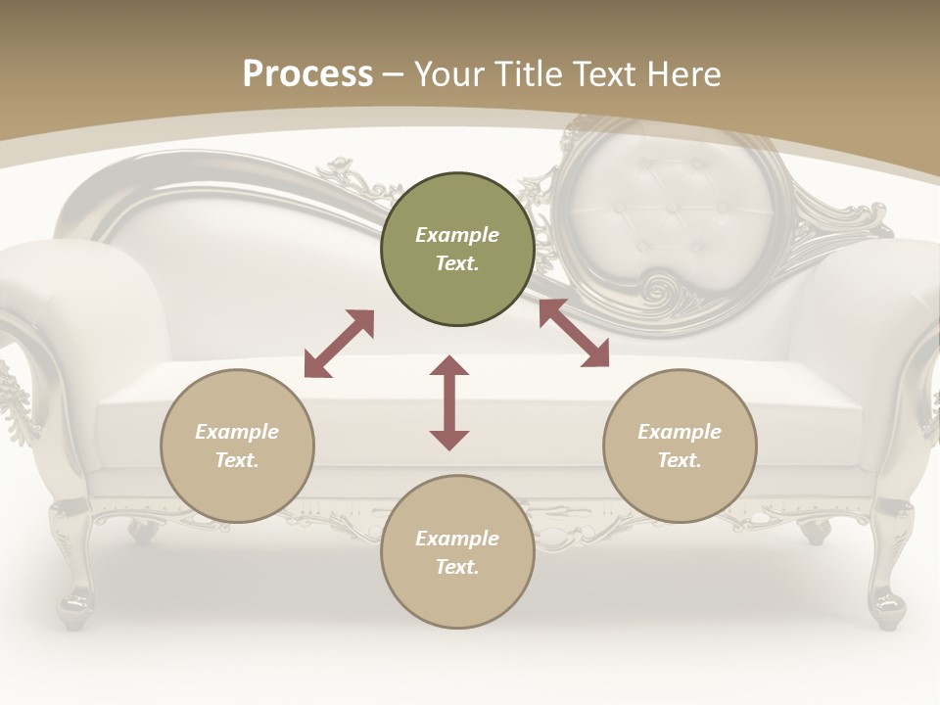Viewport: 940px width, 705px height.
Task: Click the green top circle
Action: (457, 250)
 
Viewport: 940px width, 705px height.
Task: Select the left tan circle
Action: (237, 446)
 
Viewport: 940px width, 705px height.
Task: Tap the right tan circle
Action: (680, 446)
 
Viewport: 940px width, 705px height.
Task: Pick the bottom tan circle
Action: (457, 552)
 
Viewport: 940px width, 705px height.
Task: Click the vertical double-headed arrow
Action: (449, 402)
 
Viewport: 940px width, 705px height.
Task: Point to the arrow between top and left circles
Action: (339, 344)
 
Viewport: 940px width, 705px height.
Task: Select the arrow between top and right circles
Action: (574, 333)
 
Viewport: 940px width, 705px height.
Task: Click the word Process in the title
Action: (307, 73)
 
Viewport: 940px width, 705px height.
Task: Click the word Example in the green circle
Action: (457, 235)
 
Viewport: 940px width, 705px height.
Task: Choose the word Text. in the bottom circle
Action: (457, 567)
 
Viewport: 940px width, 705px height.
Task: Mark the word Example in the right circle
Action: (680, 432)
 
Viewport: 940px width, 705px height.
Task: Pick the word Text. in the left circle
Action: (237, 460)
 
